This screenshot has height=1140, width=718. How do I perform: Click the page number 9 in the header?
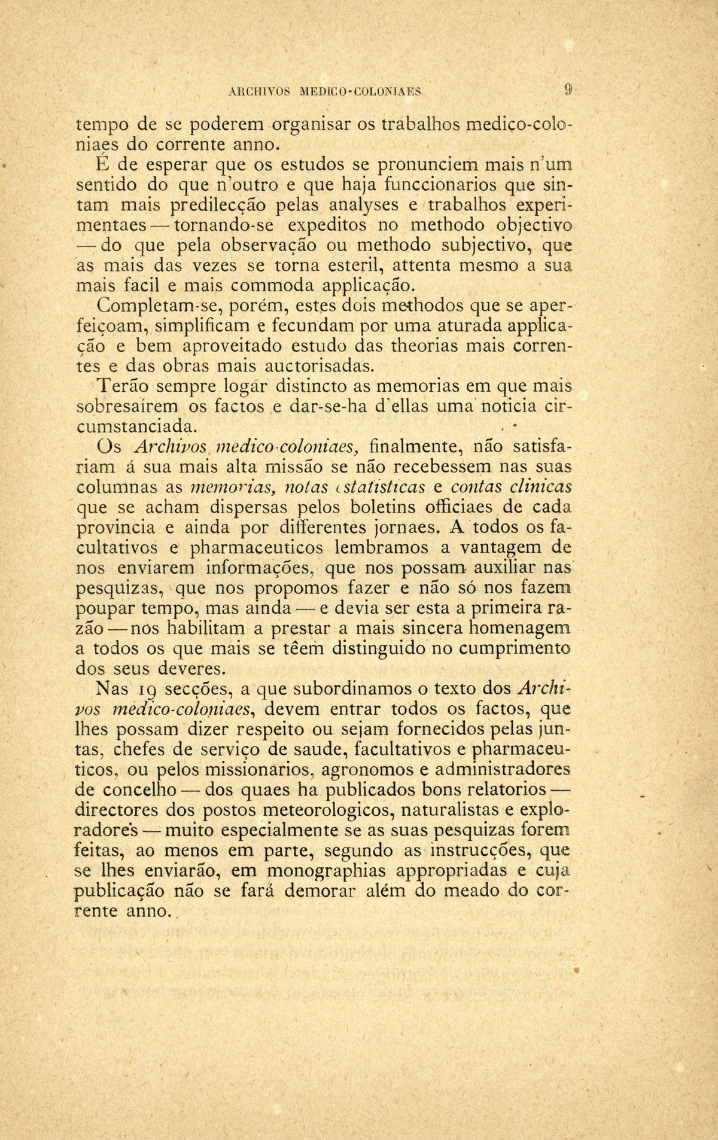[x=568, y=90]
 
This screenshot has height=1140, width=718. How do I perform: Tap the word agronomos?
[x=382, y=769]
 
